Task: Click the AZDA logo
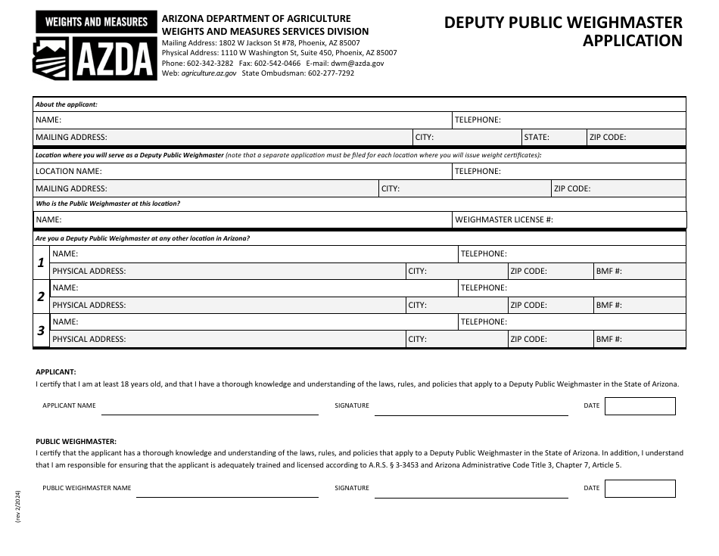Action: pyautogui.click(x=95, y=46)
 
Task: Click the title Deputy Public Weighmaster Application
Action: pyautogui.click(x=563, y=32)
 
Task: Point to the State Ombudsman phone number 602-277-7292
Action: pyautogui.click(x=331, y=73)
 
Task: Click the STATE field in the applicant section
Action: pyautogui.click(x=553, y=138)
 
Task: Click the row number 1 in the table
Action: pyautogui.click(x=41, y=262)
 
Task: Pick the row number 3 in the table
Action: pyautogui.click(x=41, y=331)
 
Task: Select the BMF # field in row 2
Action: pyautogui.click(x=639, y=305)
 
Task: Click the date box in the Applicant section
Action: pyautogui.click(x=640, y=406)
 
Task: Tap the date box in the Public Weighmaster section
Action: pyautogui.click(x=640, y=489)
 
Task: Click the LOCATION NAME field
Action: pyautogui.click(x=242, y=171)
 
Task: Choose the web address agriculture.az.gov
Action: pyautogui.click(x=209, y=73)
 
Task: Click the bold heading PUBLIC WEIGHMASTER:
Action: pyautogui.click(x=76, y=440)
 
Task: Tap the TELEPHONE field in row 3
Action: pyautogui.click(x=571, y=321)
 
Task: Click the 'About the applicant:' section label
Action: pyautogui.click(x=67, y=104)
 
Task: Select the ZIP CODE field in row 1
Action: pyautogui.click(x=549, y=271)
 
